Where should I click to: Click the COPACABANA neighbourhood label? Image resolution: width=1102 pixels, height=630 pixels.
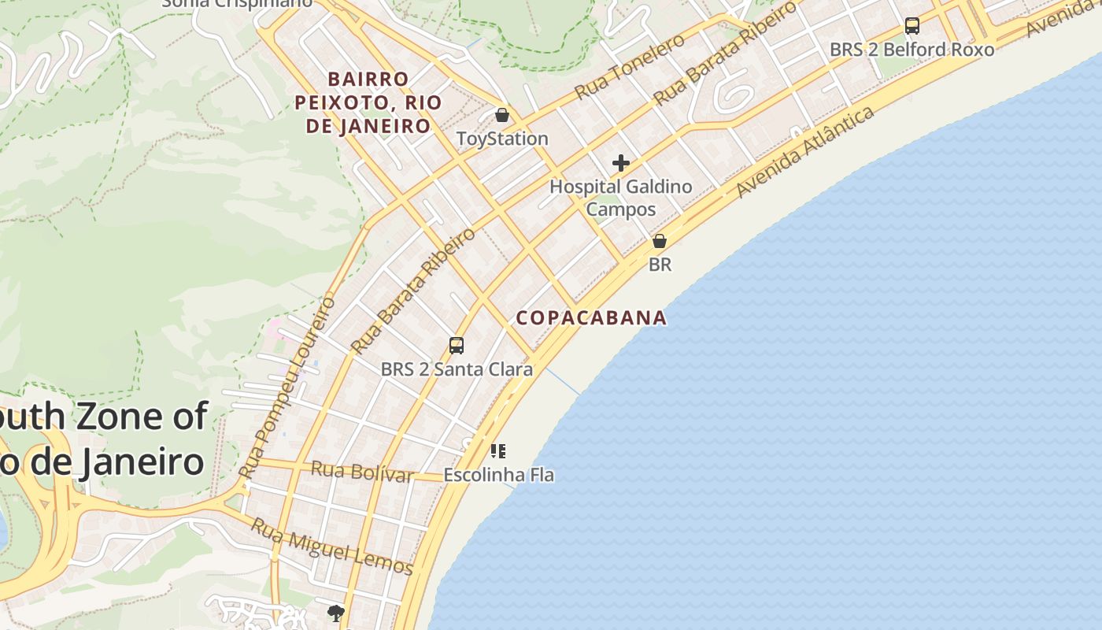(591, 318)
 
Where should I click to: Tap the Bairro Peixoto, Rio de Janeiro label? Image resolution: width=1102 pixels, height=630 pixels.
(368, 102)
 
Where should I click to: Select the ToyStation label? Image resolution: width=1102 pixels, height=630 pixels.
(502, 139)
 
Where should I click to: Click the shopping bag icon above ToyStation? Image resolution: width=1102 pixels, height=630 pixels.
(502, 116)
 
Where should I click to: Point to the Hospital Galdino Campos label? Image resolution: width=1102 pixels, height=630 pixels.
(621, 198)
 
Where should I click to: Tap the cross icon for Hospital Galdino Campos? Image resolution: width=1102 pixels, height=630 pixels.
(621, 163)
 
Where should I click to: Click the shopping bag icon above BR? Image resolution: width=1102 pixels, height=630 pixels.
(660, 241)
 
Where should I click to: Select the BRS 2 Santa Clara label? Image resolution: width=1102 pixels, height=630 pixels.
(457, 369)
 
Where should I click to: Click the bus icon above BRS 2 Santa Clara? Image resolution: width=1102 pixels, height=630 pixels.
(457, 345)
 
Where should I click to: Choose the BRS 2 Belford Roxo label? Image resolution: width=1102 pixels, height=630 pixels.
(912, 50)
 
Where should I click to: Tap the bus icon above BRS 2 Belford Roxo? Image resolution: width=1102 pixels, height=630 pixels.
(912, 26)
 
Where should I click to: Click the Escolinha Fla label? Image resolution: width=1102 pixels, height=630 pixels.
(498, 475)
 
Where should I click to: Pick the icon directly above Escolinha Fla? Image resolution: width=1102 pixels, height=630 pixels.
(498, 451)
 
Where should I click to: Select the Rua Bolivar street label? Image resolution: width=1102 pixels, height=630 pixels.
(362, 472)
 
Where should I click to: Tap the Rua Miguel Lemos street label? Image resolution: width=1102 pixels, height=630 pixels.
(331, 546)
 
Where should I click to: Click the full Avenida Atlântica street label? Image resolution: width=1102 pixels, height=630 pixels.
(805, 152)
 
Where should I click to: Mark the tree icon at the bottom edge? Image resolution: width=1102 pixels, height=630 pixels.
(336, 613)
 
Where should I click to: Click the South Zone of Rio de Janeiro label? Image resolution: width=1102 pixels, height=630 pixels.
(102, 439)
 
